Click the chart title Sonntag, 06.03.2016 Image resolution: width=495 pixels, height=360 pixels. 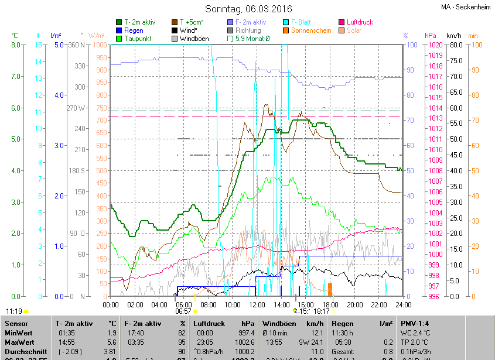247,9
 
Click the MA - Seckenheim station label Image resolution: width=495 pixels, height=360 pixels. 466,7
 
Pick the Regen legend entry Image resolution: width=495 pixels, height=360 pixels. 134,30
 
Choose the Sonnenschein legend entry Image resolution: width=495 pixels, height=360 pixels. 317,30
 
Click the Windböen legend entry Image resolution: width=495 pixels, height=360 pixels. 193,39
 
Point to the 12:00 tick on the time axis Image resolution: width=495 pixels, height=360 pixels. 257,304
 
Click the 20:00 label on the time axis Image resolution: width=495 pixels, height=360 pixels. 354,304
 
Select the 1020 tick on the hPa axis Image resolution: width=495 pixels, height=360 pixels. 436,45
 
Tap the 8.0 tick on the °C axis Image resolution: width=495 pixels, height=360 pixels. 16,45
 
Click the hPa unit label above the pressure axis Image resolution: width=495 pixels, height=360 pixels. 431,36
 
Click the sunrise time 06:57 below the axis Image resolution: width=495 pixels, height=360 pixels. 183,311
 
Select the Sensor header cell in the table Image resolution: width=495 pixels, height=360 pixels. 16,323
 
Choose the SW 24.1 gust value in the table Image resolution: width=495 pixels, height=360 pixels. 311,342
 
